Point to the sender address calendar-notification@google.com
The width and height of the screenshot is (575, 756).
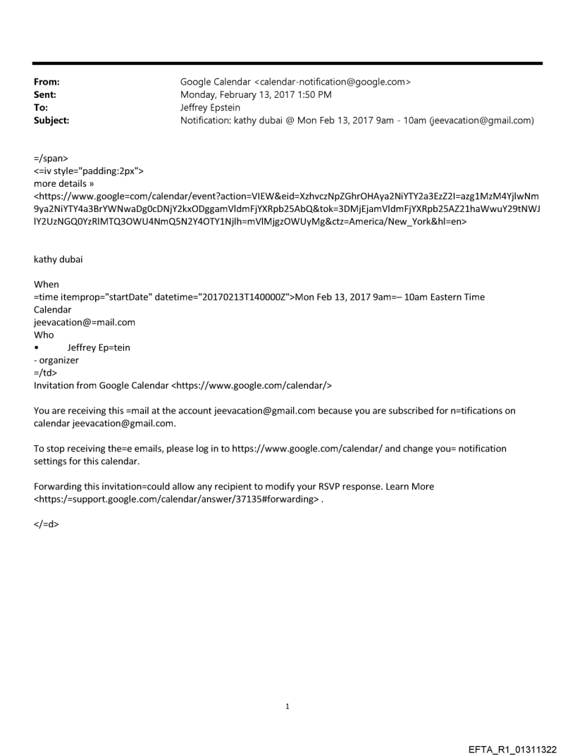coord(330,82)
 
